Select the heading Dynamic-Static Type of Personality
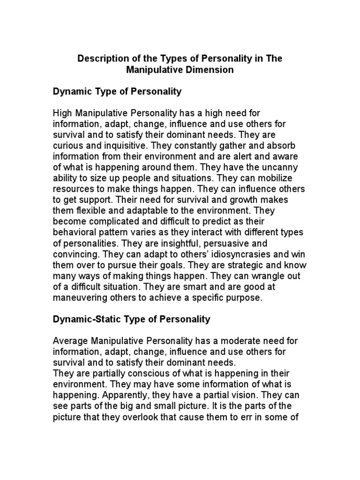(132, 320)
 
